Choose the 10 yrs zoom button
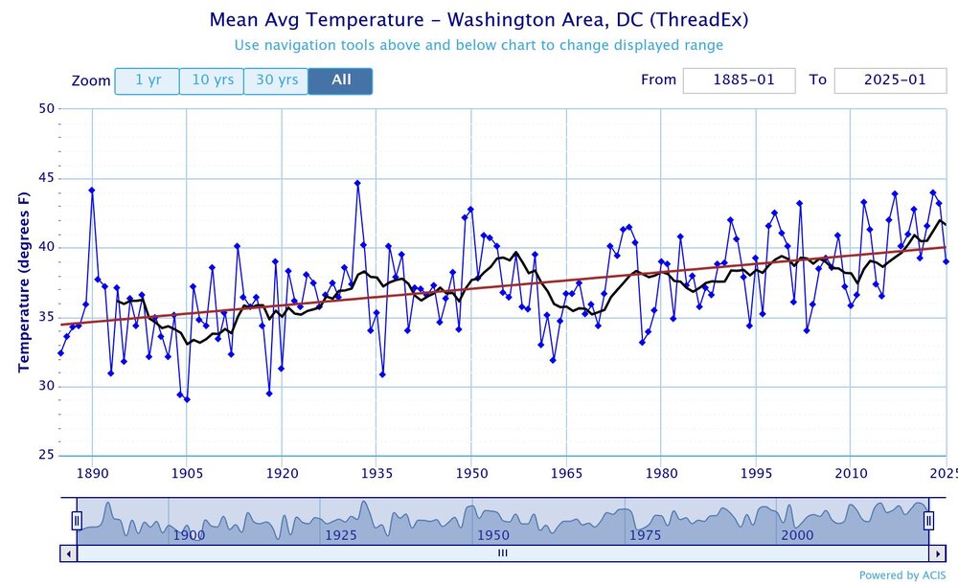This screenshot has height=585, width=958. pos(211,80)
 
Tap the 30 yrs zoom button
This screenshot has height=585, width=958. pos(275,80)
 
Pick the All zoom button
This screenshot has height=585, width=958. pos(341,80)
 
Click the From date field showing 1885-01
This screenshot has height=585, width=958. pos(739,80)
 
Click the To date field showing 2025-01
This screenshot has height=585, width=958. pos(891,80)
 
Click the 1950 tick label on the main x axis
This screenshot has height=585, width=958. pos(470,472)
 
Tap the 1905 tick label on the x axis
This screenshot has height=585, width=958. pos(186,472)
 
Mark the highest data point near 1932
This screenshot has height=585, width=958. pos(357,183)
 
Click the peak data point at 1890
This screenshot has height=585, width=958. pos(92,190)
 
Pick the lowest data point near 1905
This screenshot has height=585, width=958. pos(187,399)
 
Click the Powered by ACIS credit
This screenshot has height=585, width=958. pos(901,575)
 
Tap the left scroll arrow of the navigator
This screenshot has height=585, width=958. pos(68,552)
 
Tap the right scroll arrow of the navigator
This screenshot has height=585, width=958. pos(936,552)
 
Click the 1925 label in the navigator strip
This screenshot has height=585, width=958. pos(341,535)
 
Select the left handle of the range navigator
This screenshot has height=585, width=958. pos(77,521)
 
